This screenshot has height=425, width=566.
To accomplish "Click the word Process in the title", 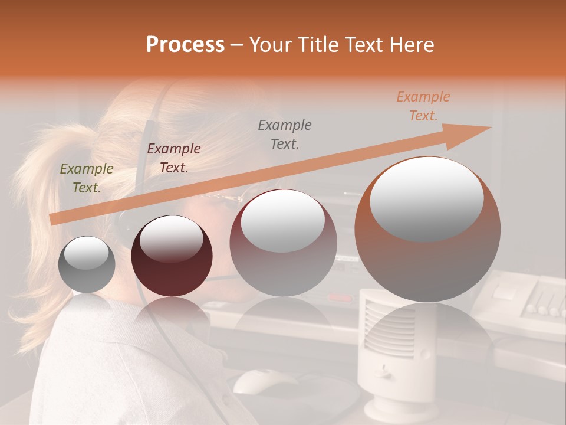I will pyautogui.click(x=185, y=45).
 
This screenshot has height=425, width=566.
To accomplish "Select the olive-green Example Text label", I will pyautogui.click(x=87, y=178).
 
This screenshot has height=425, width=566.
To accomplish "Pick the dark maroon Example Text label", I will pyautogui.click(x=173, y=158).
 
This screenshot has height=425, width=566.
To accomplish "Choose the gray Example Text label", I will pyautogui.click(x=285, y=134).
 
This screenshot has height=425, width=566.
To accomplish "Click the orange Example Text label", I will pyautogui.click(x=423, y=106).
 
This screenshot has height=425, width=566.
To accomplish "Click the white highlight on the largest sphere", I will pyautogui.click(x=427, y=198).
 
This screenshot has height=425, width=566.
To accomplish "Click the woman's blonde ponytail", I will pyautogui.click(x=41, y=195).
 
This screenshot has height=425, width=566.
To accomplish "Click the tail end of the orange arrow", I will pyautogui.click(x=53, y=219).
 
